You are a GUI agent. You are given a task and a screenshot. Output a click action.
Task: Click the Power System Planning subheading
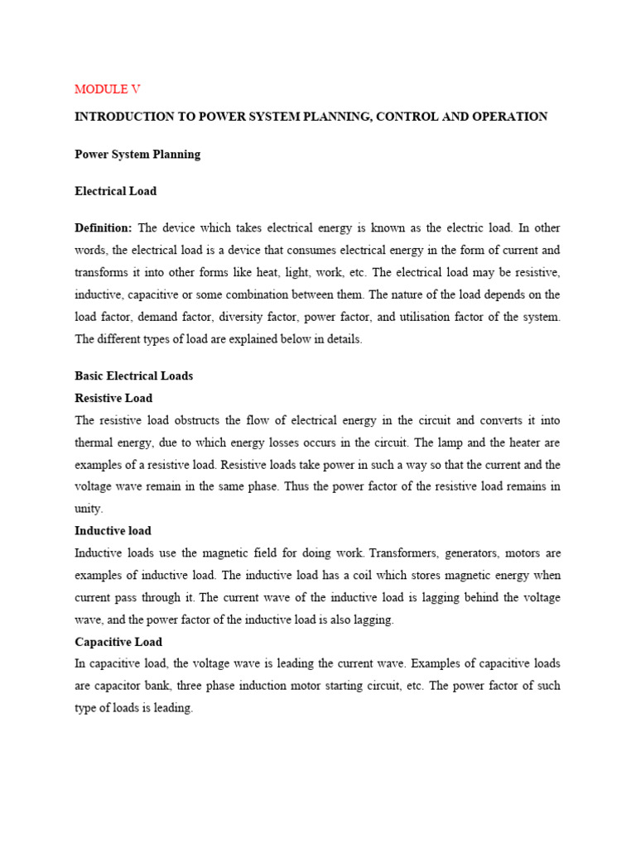137,155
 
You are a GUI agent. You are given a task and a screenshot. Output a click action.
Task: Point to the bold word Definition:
104,227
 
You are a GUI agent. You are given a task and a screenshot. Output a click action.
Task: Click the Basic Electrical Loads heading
133,376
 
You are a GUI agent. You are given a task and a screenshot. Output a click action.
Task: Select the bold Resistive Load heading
113,398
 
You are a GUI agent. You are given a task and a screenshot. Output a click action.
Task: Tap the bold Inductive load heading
113,530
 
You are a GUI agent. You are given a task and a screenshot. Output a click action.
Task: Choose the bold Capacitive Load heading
118,642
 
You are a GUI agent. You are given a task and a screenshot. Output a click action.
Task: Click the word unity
89,509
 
